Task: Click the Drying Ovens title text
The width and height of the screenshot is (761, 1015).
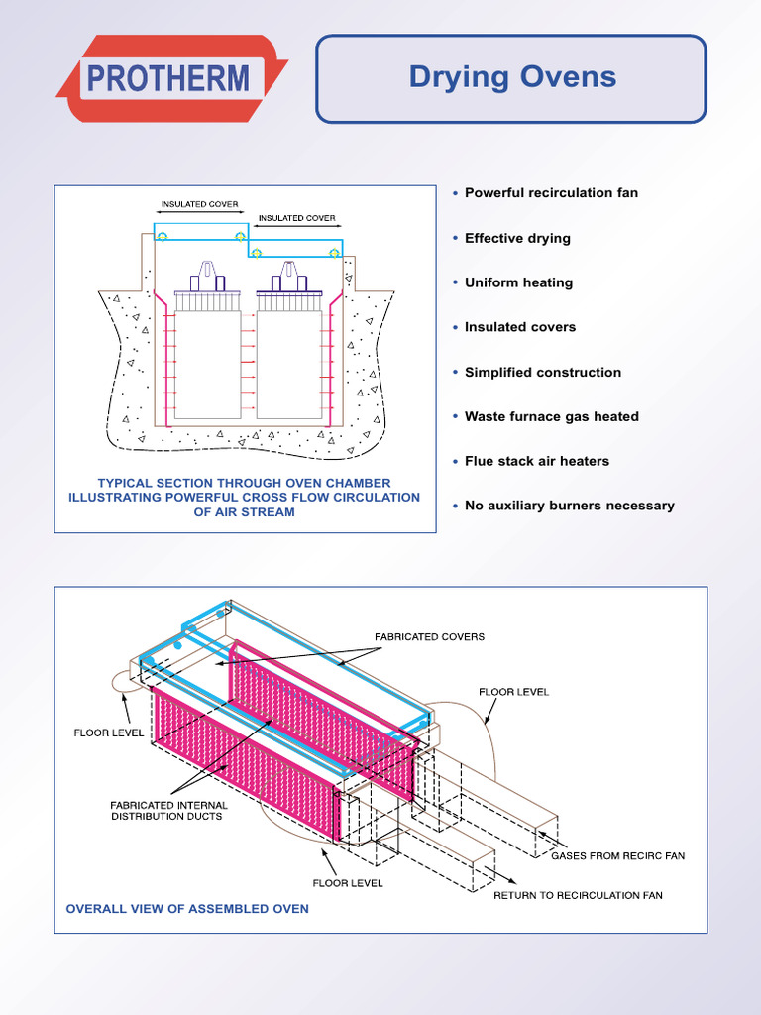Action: point(511,77)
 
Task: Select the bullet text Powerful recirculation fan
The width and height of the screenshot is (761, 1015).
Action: point(551,192)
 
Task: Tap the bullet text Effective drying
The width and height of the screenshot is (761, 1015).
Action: point(517,238)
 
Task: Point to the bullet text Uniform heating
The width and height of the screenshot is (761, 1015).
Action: point(518,282)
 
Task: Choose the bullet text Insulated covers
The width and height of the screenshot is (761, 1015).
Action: point(519,327)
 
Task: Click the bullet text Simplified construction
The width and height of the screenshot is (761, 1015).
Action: point(543,372)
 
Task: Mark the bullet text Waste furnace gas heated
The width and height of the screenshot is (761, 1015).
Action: point(551,416)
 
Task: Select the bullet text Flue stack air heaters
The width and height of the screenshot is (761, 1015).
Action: point(537,461)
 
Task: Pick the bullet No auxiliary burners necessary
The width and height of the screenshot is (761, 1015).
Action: point(569,506)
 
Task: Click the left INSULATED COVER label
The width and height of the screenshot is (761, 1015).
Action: point(199,204)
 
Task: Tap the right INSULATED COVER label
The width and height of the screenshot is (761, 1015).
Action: point(296,218)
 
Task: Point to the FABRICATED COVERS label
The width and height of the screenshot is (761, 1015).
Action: point(429,636)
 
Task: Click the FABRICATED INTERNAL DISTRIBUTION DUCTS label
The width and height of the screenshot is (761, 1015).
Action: point(168,811)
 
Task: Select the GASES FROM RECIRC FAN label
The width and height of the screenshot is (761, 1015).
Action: point(617,855)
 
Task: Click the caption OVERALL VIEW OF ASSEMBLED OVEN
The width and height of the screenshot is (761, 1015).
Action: point(187,908)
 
